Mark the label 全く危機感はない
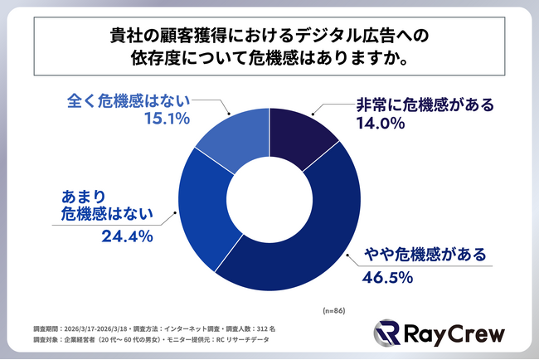tap(128, 100)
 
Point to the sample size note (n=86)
tap(336, 309)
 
